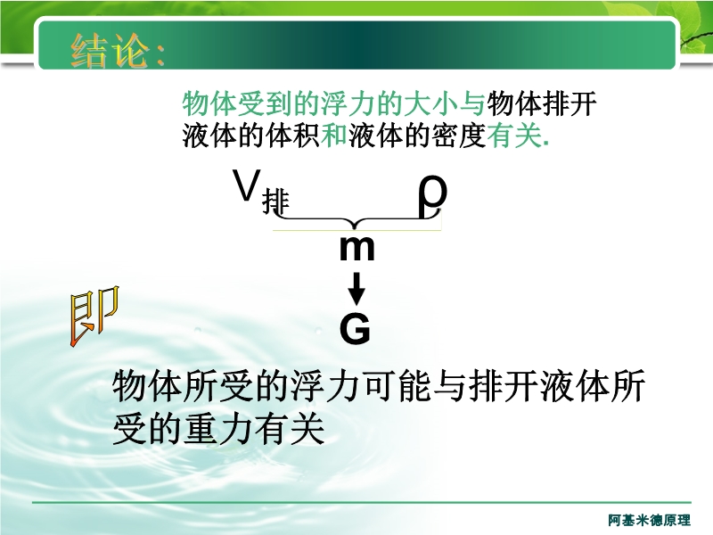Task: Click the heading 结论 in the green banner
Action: pos(110,51)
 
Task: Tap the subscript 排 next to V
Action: pos(275,202)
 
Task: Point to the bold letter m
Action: pos(357,249)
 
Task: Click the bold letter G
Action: pos(355,328)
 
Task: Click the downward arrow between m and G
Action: pos(357,288)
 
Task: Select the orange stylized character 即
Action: pos(94,317)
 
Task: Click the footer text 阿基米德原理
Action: pos(650,520)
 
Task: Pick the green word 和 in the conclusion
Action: pos(334,136)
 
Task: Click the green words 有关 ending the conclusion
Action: pos(514,136)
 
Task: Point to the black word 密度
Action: pos(459,136)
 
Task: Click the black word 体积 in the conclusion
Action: pos(293,136)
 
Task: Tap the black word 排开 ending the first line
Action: pos(570,103)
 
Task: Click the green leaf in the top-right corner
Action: pos(698,32)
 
